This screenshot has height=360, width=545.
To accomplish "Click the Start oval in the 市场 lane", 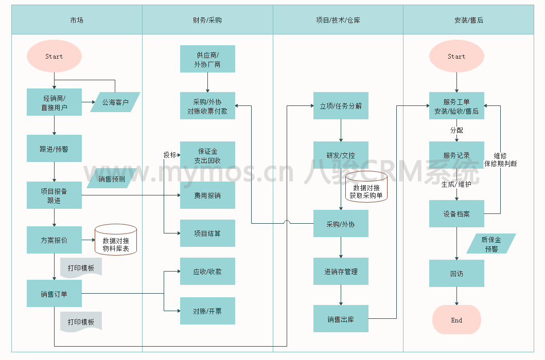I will [x=54, y=57].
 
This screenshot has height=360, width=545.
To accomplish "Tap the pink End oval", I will [x=456, y=320].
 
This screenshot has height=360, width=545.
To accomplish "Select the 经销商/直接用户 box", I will [x=54, y=102].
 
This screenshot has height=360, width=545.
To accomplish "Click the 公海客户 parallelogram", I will [x=115, y=102].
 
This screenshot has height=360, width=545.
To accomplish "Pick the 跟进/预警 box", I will [x=54, y=149].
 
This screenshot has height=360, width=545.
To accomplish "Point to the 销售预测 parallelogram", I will [x=112, y=179].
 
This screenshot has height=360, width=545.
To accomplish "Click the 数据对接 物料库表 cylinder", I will [x=116, y=240].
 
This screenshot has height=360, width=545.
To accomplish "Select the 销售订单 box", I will [x=54, y=294].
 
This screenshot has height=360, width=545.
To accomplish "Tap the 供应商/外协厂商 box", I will [x=207, y=59].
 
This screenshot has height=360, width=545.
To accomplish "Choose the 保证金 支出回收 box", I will [x=207, y=155].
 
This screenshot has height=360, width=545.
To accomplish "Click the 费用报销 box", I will [x=207, y=195].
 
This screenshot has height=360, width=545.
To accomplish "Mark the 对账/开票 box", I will [x=207, y=311].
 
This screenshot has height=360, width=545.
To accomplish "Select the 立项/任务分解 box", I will [x=341, y=106].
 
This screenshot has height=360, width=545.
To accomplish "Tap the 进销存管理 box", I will [x=341, y=272].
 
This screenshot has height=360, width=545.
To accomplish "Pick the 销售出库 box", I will [x=341, y=319].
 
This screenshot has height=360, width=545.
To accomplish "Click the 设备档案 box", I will [x=456, y=213].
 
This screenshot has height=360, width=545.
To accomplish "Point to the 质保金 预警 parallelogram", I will [x=491, y=244].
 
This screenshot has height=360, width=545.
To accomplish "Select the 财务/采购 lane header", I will [x=207, y=20].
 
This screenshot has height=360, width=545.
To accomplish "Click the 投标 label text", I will [x=170, y=155].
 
